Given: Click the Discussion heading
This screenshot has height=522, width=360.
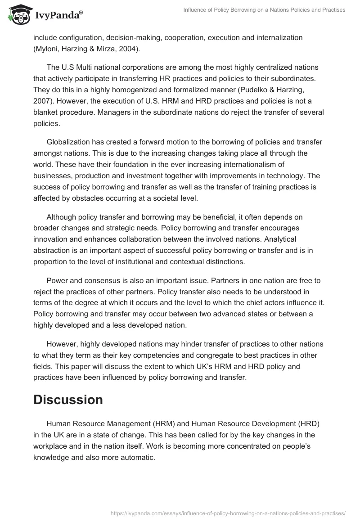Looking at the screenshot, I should (68, 399).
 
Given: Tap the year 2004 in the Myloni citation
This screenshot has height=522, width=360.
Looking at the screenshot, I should (129, 49).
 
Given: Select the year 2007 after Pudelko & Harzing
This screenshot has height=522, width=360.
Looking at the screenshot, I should (42, 102).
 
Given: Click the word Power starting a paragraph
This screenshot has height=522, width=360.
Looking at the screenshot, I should (57, 280).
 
